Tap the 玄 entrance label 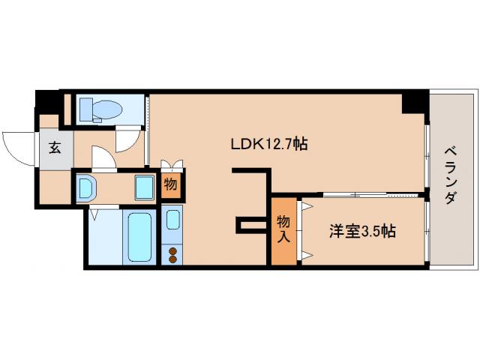click(55, 147)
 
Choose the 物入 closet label click(283, 229)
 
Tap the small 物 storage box click(170, 184)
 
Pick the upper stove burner click(173, 250)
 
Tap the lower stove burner click(173, 259)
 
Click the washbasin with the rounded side click(85, 186)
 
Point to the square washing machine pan click(144, 186)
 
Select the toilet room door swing click(128, 137)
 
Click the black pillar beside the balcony click(415, 101)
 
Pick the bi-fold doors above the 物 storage click(171, 164)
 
